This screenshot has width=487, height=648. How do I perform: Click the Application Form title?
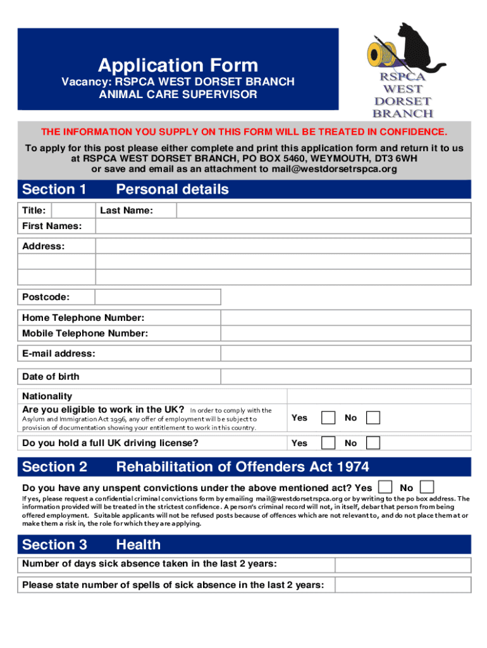[x=178, y=65]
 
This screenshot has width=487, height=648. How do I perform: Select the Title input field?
[x=73, y=210]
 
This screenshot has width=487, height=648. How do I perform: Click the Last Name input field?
[x=313, y=210]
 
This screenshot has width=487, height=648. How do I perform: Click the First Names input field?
[x=282, y=226]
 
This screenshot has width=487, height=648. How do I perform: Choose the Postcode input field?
[x=157, y=297]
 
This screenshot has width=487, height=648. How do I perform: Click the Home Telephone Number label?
[x=83, y=318]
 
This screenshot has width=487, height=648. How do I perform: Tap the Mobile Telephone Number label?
[x=85, y=333]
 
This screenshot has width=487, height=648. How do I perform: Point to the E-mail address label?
[x=59, y=354]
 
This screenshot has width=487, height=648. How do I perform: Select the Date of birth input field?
[x=157, y=377]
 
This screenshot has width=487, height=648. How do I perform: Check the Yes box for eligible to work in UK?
[x=328, y=418]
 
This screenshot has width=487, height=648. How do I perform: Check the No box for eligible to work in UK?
[x=374, y=418]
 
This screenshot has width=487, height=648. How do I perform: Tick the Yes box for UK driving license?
[x=328, y=442]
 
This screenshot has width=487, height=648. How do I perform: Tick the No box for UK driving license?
[x=374, y=442]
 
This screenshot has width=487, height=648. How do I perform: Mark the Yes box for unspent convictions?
[x=384, y=487]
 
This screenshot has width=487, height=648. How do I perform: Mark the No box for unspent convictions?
[x=428, y=487]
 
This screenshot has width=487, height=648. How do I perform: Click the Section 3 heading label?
[x=55, y=544]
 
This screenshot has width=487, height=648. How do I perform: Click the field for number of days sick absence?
[x=402, y=564]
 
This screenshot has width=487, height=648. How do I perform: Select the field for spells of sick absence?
[x=402, y=585]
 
